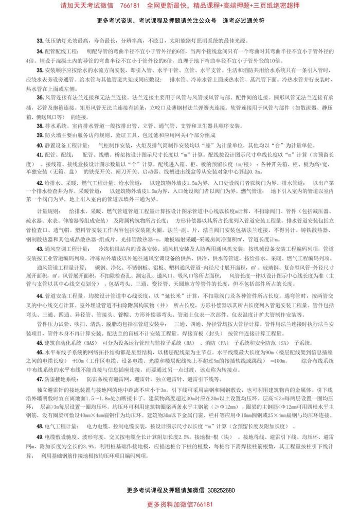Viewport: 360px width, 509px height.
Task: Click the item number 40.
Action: pos(40,145)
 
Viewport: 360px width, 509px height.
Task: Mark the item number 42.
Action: pos(40,182)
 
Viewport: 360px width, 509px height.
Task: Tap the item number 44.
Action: pos(40,295)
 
